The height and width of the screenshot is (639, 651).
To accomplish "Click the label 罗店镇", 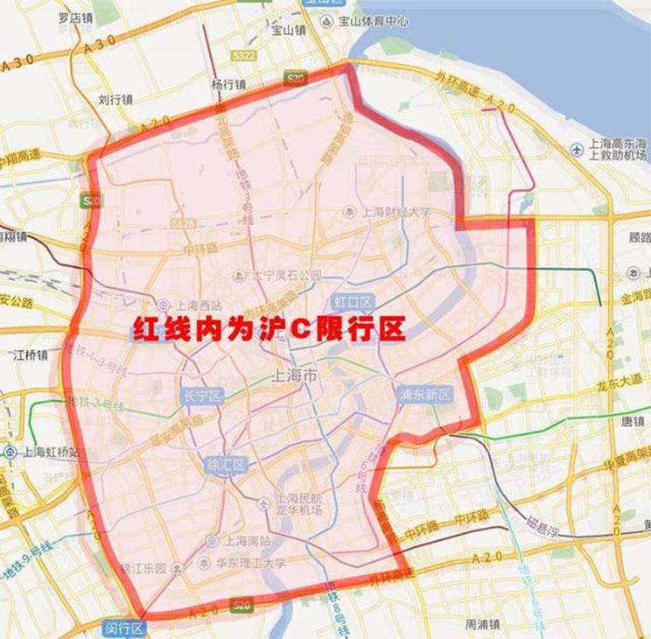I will pos(75,18).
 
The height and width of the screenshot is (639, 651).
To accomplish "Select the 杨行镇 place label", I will pos(228,85).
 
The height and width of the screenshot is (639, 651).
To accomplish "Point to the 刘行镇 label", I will pos(115,100).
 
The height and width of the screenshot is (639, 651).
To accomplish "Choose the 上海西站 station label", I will pos(199,305).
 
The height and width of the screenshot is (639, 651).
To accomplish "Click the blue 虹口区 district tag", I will pos(352,302).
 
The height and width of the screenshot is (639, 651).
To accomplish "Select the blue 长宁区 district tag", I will pos(203,396).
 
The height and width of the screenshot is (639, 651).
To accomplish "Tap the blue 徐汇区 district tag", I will pos(225,464).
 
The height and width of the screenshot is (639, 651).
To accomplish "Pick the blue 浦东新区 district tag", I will pos(425,394).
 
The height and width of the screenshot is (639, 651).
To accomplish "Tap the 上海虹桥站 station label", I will pos(52,452).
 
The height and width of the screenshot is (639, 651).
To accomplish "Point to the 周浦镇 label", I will pos(482,624).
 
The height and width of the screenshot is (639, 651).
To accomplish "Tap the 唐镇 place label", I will pos(632,421).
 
